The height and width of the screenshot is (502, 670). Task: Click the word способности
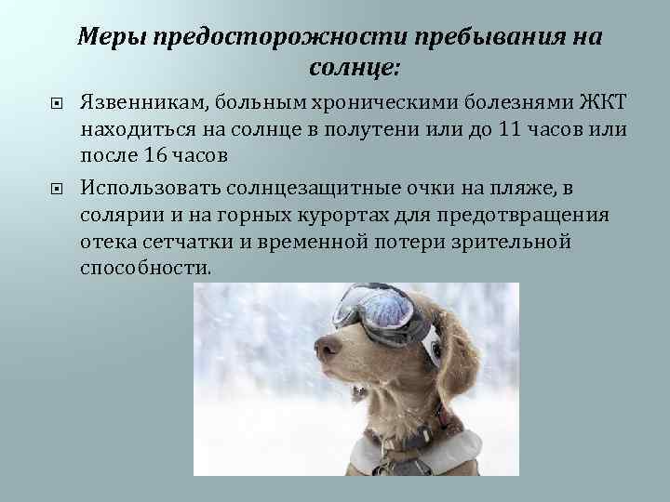point(145,268)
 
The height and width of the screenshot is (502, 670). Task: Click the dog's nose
point(326,349)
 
